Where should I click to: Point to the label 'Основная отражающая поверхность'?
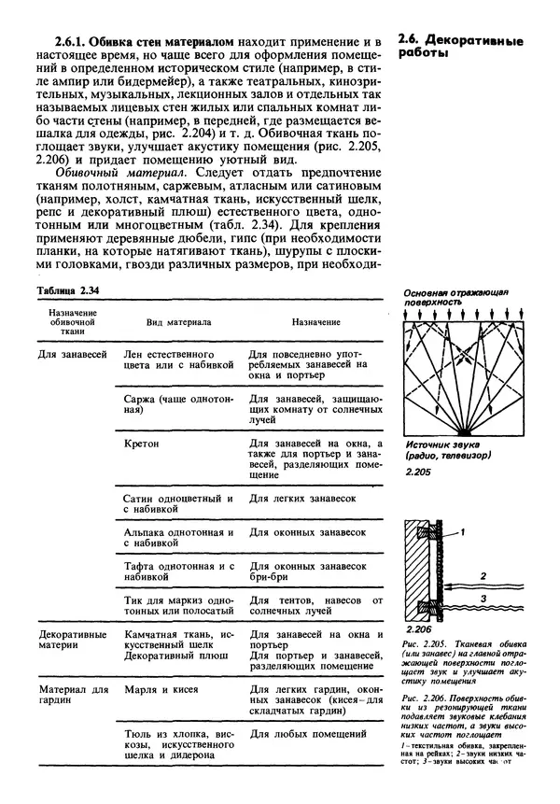[455, 297]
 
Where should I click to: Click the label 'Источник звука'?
[440, 447]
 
